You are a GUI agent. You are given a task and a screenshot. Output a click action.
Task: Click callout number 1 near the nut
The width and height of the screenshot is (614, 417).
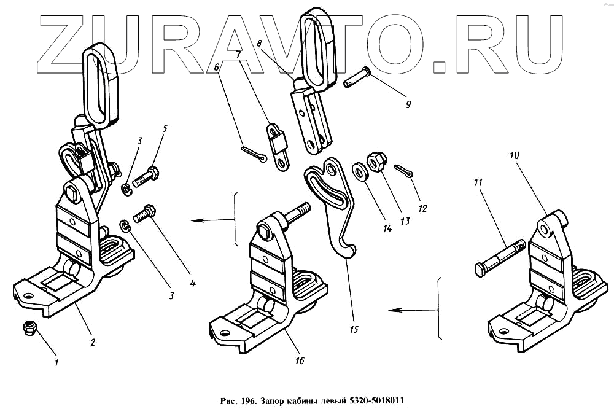pos(56,363)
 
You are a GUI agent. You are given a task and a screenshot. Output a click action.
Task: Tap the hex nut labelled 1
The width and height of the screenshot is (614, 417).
pos(28,329)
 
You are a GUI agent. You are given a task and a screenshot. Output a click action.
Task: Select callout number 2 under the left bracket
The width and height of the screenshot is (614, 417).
pos(92,343)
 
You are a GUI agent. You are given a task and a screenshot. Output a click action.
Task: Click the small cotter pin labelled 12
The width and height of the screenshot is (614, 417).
pos(405,171)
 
